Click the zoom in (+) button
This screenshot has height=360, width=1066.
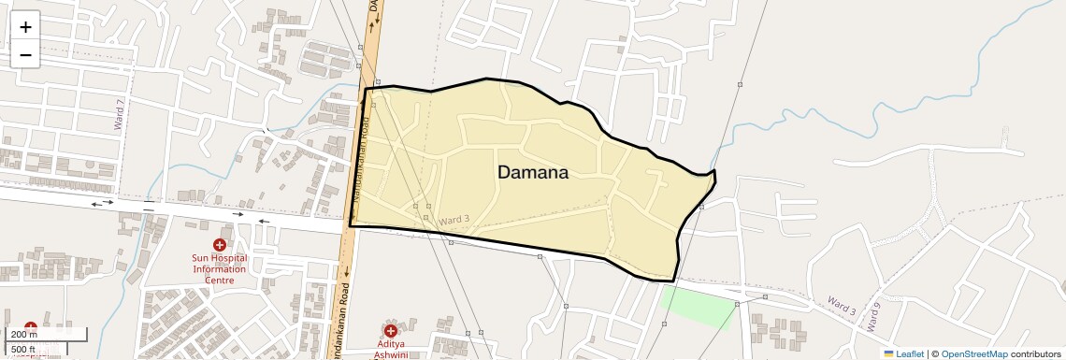point(25,26)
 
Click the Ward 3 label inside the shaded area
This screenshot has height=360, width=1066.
point(454,219)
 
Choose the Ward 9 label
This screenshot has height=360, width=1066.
point(872,318)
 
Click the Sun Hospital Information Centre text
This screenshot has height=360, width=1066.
point(219,268)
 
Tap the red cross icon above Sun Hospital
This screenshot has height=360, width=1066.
point(219,244)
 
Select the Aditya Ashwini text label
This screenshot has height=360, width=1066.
point(390,350)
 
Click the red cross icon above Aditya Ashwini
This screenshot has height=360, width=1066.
point(390,330)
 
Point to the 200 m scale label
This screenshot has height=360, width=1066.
point(23,335)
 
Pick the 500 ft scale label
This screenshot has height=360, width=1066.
point(23,349)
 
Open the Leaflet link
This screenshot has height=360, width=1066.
point(910,353)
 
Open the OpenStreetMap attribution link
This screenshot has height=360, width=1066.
point(974,353)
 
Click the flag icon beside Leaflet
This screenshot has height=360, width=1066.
point(889,353)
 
